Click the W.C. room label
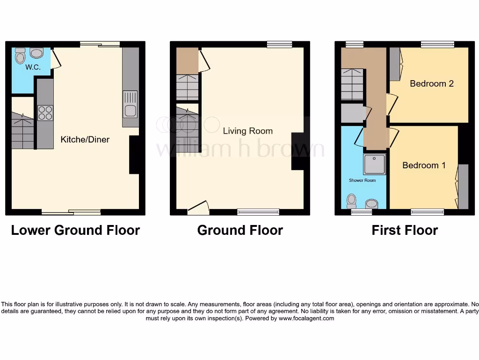coord(33,67)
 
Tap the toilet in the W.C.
coord(20,56)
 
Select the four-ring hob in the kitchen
coord(45,113)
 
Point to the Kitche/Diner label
coord(85,139)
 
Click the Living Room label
coord(247,131)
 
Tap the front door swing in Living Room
coord(198,208)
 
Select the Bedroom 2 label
coord(431,83)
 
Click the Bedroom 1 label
coord(424,165)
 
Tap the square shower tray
coord(375,165)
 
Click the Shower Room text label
coord(362,180)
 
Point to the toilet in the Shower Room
coord(351,202)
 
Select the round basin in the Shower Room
coord(372,203)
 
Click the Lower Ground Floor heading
coord(75,230)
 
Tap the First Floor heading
coord(405,230)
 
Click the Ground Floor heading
coord(240,230)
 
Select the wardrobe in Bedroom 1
coord(463,186)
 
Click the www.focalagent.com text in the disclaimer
coord(306,318)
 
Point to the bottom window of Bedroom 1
coord(428,212)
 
